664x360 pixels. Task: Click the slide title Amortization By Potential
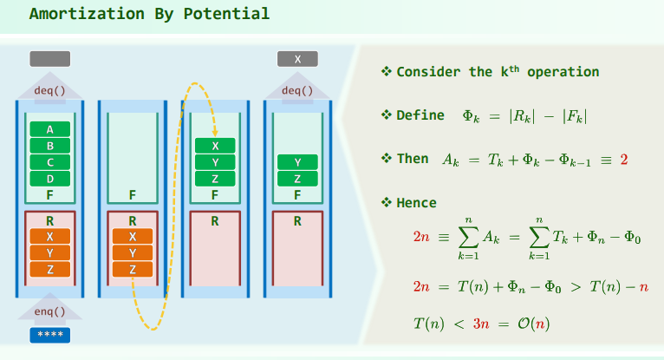149,14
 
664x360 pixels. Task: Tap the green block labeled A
50,129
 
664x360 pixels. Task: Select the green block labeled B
50,146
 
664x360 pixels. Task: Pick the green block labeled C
50,162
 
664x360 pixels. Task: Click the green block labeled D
50,179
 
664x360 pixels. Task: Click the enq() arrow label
50,311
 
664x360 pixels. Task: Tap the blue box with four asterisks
50,335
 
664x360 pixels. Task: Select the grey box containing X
297,59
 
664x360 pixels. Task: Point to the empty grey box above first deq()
50,59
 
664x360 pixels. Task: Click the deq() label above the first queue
50,89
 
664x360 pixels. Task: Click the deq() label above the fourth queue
297,89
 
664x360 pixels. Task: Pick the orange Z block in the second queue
133,269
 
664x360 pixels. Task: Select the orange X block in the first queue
50,236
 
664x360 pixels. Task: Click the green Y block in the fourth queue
297,162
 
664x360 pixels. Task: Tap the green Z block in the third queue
215,179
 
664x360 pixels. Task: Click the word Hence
416,203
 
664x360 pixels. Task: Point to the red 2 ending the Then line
624,160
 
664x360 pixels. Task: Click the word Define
420,115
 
